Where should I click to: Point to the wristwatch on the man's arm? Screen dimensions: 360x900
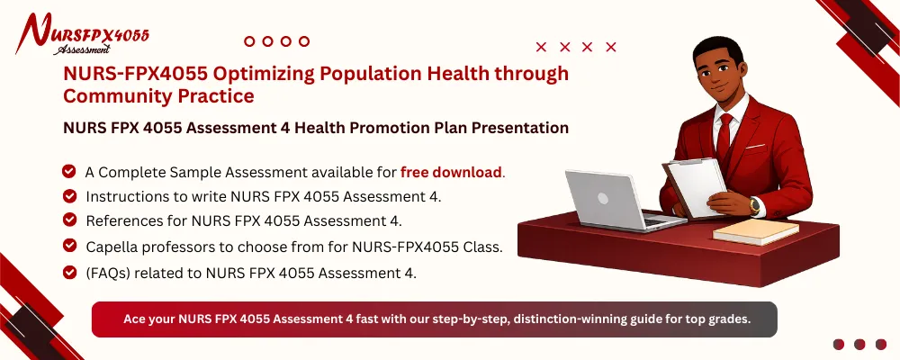coord(754,206)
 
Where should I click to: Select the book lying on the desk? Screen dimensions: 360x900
coord(755,231)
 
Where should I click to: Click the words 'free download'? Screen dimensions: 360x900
coord(451,172)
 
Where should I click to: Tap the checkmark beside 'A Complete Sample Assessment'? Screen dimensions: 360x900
coord(68,171)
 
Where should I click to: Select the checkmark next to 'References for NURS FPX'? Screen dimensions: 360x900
coord(68,220)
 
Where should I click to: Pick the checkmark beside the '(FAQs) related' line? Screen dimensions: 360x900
coord(68,273)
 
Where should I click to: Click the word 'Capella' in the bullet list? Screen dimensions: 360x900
coord(111,245)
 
